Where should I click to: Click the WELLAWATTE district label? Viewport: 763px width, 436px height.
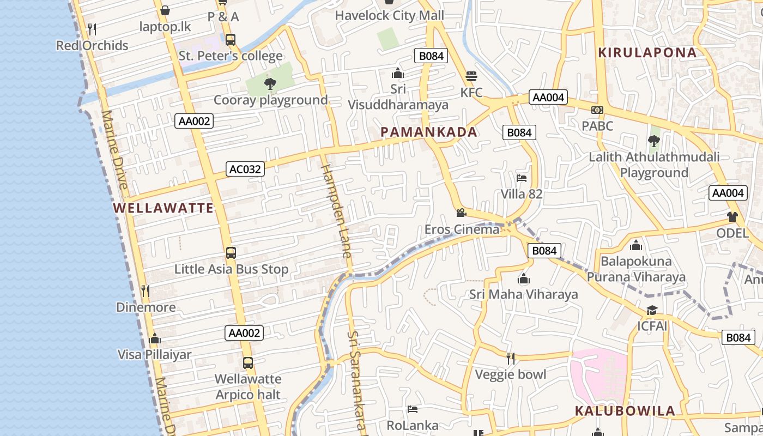(x=163, y=208)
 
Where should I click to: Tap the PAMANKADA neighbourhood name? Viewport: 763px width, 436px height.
(x=429, y=132)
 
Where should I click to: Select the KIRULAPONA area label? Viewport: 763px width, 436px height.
(x=647, y=53)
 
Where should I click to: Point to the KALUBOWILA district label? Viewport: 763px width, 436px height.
(x=625, y=411)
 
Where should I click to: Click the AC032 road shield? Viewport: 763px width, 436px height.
(x=245, y=169)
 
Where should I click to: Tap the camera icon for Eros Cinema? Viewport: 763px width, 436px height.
(x=461, y=213)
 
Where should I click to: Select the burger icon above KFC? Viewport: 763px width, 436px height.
(x=471, y=76)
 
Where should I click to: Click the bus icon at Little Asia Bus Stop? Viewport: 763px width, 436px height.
(x=231, y=253)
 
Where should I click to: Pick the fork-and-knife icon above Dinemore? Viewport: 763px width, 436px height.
(x=146, y=290)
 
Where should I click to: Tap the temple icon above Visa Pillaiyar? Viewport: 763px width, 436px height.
(x=155, y=338)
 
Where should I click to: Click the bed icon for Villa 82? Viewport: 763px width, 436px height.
(x=522, y=178)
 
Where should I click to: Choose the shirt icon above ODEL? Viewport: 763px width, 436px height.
(x=732, y=216)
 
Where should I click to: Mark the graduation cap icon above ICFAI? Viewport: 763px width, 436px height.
(x=652, y=310)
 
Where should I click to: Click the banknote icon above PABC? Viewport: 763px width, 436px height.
(x=597, y=110)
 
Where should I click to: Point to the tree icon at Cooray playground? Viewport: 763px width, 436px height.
(x=270, y=83)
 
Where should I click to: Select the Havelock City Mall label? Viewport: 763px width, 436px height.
(x=389, y=15)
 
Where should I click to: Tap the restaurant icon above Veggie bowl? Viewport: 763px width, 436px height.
(x=511, y=358)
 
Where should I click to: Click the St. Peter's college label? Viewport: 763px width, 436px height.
(x=231, y=56)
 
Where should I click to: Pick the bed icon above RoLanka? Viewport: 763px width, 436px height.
(x=413, y=409)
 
